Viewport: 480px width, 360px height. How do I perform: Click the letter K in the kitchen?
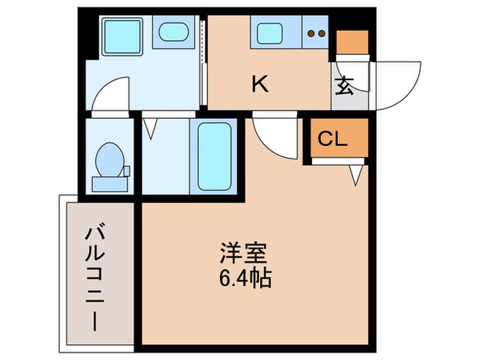pos(259,84)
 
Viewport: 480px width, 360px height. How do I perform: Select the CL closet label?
pos(333,139)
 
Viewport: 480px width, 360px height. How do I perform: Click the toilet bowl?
pos(110,156)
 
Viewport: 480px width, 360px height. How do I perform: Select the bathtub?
pos(216,156)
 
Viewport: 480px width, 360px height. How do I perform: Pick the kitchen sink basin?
pos(271,32)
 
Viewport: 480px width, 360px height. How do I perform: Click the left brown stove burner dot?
pos(311,32)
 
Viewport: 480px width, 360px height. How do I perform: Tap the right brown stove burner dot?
pos(321,32)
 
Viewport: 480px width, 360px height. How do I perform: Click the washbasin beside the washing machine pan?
pos(172,32)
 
